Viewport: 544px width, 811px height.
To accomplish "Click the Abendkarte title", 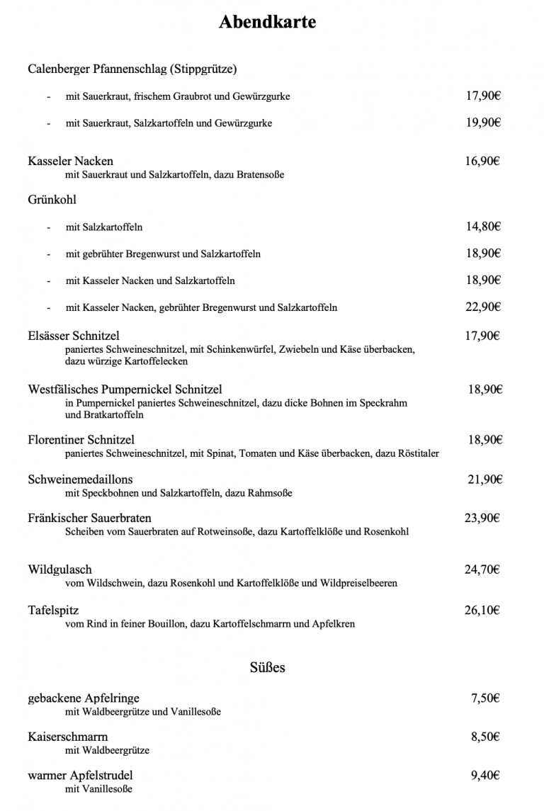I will pos(267,23).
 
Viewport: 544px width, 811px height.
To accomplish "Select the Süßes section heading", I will pos(268,667).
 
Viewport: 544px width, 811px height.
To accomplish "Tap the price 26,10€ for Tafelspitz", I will pos(482,610).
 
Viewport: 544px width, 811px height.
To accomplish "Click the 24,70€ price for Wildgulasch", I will pos(482,569).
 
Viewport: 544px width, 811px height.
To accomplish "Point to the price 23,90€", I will pos(482,518).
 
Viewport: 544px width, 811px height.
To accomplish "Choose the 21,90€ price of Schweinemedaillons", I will pos(484,480).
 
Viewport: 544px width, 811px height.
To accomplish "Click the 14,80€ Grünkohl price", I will pos(483,227).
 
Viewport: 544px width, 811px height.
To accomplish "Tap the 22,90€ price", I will pos(483,307).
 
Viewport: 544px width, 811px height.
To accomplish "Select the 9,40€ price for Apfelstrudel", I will pos(485,776).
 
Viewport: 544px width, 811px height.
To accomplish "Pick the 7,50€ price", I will pos(485,698).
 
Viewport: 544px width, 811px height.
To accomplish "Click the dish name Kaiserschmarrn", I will pos(68,737).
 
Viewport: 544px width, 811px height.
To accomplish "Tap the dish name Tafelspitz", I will pos(53,611).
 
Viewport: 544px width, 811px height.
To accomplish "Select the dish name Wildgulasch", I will pos(60,569).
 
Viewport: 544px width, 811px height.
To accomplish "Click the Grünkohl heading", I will pos(52,200).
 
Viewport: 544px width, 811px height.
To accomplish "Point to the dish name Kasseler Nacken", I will pos(70,161).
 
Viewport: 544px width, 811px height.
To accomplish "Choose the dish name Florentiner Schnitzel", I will pos(81,440).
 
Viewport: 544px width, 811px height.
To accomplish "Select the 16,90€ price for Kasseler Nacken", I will pos(482,161).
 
